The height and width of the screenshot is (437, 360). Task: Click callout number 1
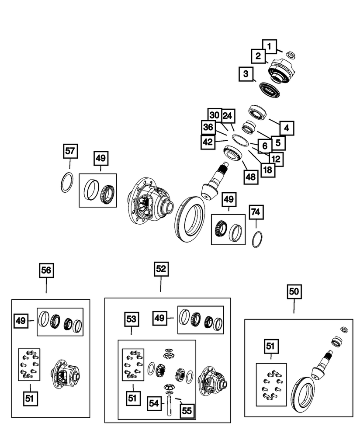point(270,45)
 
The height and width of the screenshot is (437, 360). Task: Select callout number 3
point(246,74)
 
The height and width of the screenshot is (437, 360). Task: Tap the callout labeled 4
point(287,128)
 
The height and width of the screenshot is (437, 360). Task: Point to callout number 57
point(70,152)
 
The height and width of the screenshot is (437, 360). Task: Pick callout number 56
point(46,271)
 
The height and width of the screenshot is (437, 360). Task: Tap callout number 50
point(294,291)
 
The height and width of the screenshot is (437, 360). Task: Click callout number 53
point(132,319)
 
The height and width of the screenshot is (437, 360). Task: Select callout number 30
point(215,116)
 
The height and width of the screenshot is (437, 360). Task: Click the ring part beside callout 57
point(66,182)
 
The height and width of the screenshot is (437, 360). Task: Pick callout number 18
point(268,169)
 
